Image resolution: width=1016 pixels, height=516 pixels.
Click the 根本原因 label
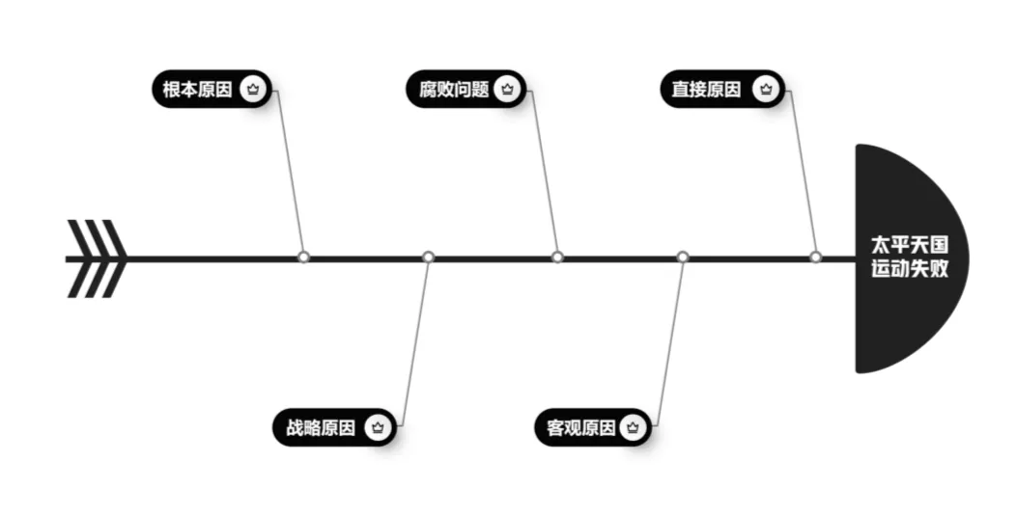tap(197, 90)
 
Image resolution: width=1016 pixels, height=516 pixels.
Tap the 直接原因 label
tap(707, 90)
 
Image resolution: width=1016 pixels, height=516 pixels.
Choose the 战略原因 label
tap(321, 428)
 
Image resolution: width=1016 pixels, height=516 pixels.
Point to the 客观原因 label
tap(575, 428)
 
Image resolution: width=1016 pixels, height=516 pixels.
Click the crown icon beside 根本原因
tap(253, 90)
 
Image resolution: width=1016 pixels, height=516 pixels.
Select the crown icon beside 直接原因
tap(766, 90)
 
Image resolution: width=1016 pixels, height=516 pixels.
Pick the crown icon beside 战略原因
tap(379, 428)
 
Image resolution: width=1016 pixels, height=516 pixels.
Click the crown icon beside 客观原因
tap(632, 428)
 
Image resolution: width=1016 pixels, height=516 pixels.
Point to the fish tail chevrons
tap(97, 258)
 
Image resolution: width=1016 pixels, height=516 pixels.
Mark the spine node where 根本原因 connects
tap(303, 258)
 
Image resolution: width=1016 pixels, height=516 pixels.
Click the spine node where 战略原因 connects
tap(429, 258)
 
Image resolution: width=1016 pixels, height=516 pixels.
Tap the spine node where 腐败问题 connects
tap(557, 258)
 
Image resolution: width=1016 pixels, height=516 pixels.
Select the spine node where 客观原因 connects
tap(683, 258)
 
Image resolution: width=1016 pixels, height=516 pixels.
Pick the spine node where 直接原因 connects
tap(815, 258)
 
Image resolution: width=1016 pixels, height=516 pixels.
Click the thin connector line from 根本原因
tap(291, 174)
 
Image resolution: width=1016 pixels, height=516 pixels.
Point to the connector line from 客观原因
tap(669, 342)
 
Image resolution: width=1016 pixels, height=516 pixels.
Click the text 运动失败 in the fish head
tap(909, 270)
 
